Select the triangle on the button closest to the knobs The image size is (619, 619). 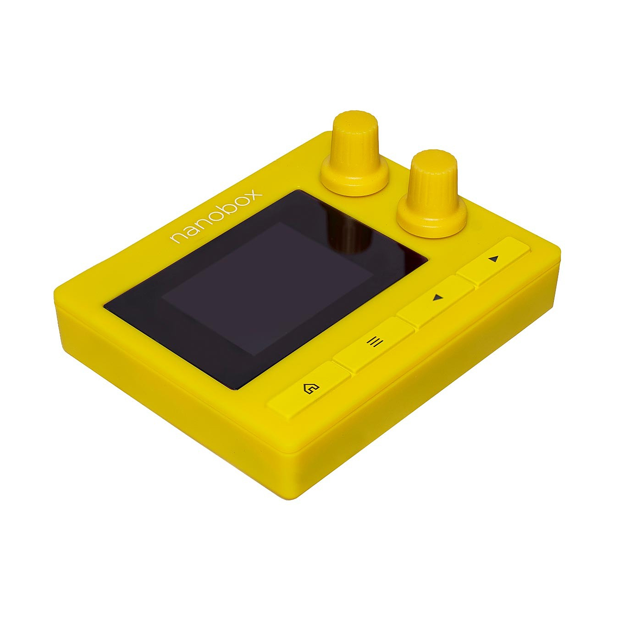pyautogui.click(x=493, y=259)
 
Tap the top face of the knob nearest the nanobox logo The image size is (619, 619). pyautogui.click(x=355, y=122)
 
